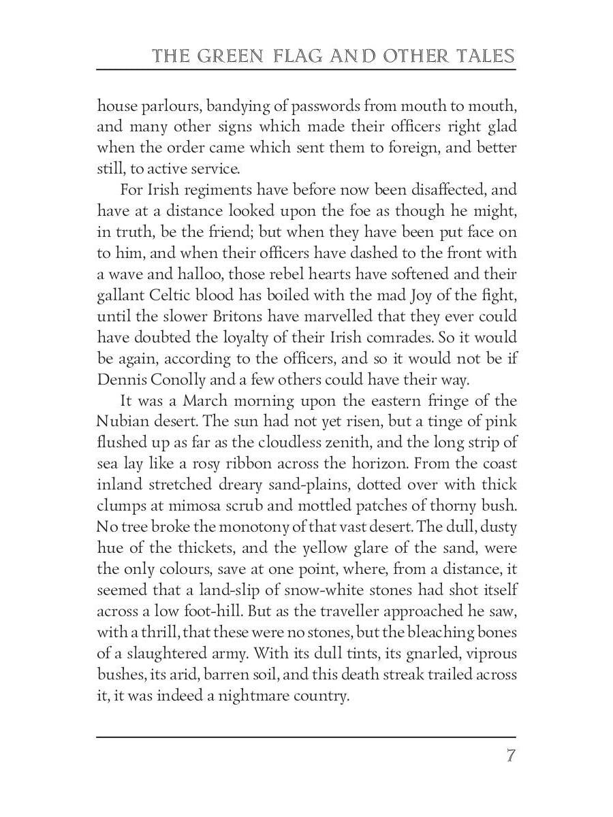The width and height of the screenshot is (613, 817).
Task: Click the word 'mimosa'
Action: coord(192,506)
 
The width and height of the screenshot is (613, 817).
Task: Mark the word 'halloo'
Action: coord(202,274)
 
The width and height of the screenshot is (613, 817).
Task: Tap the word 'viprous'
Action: coord(489,654)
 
